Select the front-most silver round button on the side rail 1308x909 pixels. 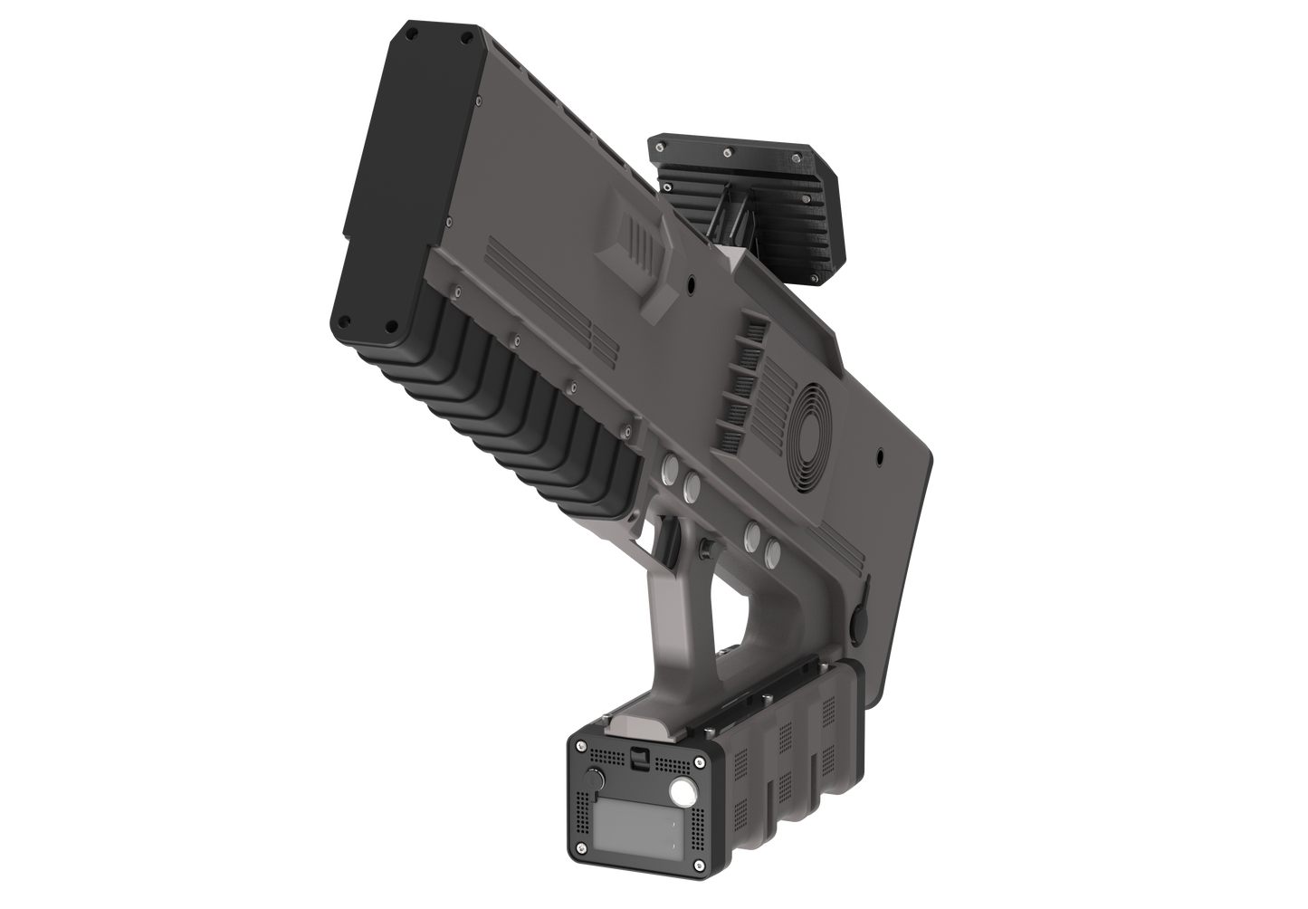click(x=671, y=470)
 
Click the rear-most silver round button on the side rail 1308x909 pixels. click(x=773, y=550)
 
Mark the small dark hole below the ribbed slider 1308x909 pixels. click(x=691, y=284)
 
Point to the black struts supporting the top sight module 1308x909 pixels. click(x=734, y=222)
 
